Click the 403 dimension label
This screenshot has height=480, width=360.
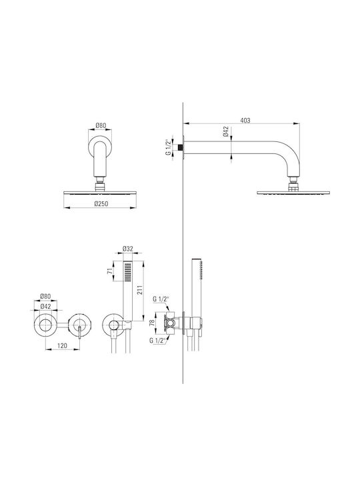pos(245,120)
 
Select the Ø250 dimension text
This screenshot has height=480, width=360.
pos(101,203)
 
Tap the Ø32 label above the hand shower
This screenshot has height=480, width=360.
pos(127,249)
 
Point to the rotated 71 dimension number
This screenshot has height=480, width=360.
pos(109,271)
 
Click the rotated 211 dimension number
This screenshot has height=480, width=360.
pos(140,289)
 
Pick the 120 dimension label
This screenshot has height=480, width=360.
pos(62,345)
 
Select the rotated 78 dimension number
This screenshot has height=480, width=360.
pos(151,323)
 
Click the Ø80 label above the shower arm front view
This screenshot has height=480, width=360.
pos(101,125)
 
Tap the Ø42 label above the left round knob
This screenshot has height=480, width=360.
pos(45,306)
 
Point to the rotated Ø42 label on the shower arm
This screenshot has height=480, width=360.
pos(225,131)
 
